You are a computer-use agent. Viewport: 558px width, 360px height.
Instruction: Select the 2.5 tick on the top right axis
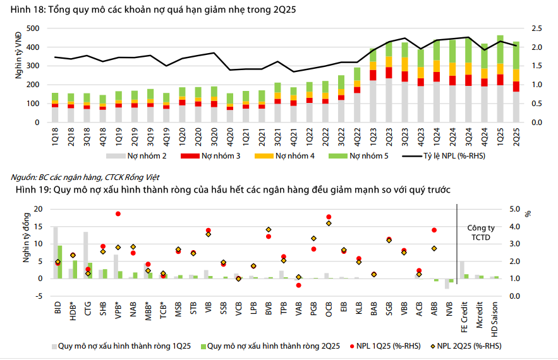[x=537, y=28]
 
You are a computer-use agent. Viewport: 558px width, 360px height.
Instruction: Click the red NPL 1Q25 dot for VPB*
[x=118, y=214]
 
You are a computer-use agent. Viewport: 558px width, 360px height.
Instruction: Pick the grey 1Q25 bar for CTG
[x=86, y=255]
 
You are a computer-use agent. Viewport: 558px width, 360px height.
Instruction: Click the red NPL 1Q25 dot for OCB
[x=329, y=217]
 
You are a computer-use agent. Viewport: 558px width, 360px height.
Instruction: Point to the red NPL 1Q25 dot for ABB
[x=434, y=230]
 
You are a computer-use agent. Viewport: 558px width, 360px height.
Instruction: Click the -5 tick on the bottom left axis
[x=37, y=296]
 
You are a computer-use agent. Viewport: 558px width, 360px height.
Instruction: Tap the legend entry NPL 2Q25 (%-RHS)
[x=467, y=345]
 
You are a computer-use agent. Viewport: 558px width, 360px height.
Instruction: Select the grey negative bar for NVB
[x=447, y=284]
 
